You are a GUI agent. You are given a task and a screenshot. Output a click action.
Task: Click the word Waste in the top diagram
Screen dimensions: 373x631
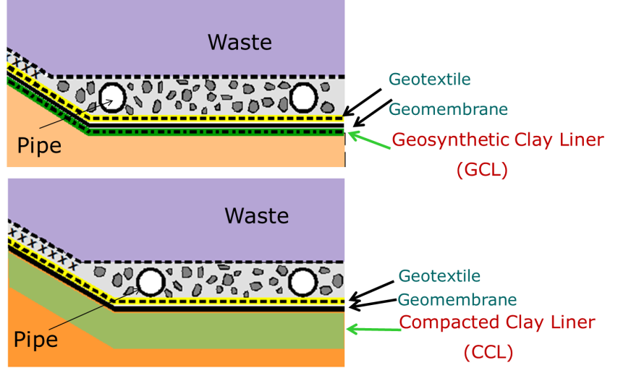tap(240, 42)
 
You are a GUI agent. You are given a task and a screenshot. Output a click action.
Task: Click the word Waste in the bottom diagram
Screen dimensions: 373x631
tap(256, 215)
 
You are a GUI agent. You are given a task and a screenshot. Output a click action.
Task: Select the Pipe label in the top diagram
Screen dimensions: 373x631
tap(39, 145)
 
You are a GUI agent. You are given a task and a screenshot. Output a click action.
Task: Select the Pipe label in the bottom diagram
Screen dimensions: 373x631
tap(35, 338)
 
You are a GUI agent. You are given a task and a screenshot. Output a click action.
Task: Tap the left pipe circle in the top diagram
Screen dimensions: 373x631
tap(112, 95)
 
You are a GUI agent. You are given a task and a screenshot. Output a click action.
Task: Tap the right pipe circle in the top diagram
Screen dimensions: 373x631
tap(303, 95)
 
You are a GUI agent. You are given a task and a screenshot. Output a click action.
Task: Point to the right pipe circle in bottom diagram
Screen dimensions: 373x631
tap(303, 281)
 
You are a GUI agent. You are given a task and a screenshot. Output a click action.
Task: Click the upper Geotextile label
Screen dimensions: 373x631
tap(429, 79)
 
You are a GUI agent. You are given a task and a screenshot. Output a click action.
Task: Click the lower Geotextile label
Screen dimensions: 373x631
tap(439, 275)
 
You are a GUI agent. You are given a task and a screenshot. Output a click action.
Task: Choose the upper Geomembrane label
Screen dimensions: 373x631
tap(448, 109)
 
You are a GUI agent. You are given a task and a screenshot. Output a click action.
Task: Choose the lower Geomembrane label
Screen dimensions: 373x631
tap(457, 299)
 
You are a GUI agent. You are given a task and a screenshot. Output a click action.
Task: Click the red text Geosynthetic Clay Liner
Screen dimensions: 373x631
tap(497, 140)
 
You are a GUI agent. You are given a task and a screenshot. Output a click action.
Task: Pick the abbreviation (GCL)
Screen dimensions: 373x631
tap(482, 171)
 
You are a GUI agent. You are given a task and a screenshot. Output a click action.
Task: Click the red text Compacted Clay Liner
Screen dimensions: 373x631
tap(497, 322)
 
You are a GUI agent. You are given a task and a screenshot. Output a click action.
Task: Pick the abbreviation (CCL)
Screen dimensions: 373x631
tap(488, 352)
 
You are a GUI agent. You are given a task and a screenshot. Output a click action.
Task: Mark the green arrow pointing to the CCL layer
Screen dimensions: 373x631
tap(373, 329)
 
